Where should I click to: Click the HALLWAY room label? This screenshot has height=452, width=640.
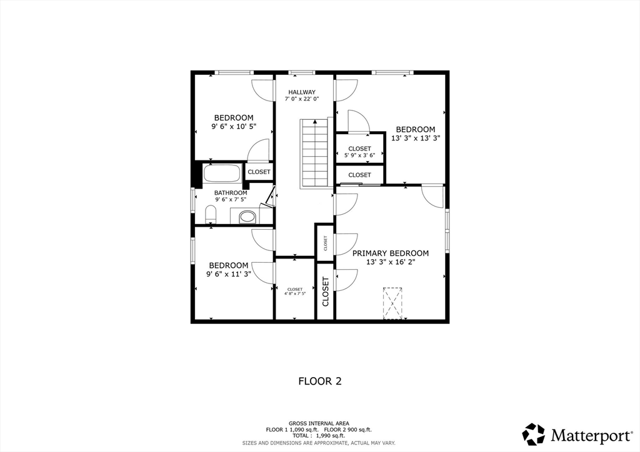pyautogui.click(x=302, y=92)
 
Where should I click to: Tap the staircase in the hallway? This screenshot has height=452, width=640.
pyautogui.click(x=314, y=153)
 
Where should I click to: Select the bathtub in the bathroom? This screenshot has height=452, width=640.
pyautogui.click(x=222, y=173)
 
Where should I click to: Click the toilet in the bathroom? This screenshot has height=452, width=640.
pyautogui.click(x=210, y=215)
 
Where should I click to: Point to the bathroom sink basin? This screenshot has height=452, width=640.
pyautogui.click(x=247, y=217)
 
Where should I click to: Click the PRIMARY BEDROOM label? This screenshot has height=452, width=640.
pyautogui.click(x=391, y=253)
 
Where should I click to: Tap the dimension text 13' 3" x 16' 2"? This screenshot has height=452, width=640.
pyautogui.click(x=391, y=262)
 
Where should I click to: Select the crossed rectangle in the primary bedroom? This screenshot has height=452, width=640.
pyautogui.click(x=392, y=303)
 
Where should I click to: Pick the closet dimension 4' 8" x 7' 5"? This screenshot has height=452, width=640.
pyautogui.click(x=295, y=293)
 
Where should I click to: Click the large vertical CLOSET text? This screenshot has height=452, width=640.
pyautogui.click(x=325, y=292)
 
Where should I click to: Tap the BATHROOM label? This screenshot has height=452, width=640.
pyautogui.click(x=231, y=193)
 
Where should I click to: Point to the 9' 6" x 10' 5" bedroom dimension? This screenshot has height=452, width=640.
pyautogui.click(x=234, y=127)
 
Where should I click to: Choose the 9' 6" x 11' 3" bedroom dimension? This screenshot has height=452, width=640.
pyautogui.click(x=229, y=274)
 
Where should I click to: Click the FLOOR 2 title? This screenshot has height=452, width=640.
pyautogui.click(x=320, y=381)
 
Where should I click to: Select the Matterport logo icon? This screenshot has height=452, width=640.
pyautogui.click(x=534, y=434)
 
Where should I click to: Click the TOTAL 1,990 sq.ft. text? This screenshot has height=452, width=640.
pyautogui.click(x=318, y=436)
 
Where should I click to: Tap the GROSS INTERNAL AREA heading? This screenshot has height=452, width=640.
pyautogui.click(x=319, y=423)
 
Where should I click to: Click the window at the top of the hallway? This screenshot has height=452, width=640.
pyautogui.click(x=302, y=72)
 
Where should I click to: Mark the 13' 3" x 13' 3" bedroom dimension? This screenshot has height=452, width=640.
pyautogui.click(x=416, y=138)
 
